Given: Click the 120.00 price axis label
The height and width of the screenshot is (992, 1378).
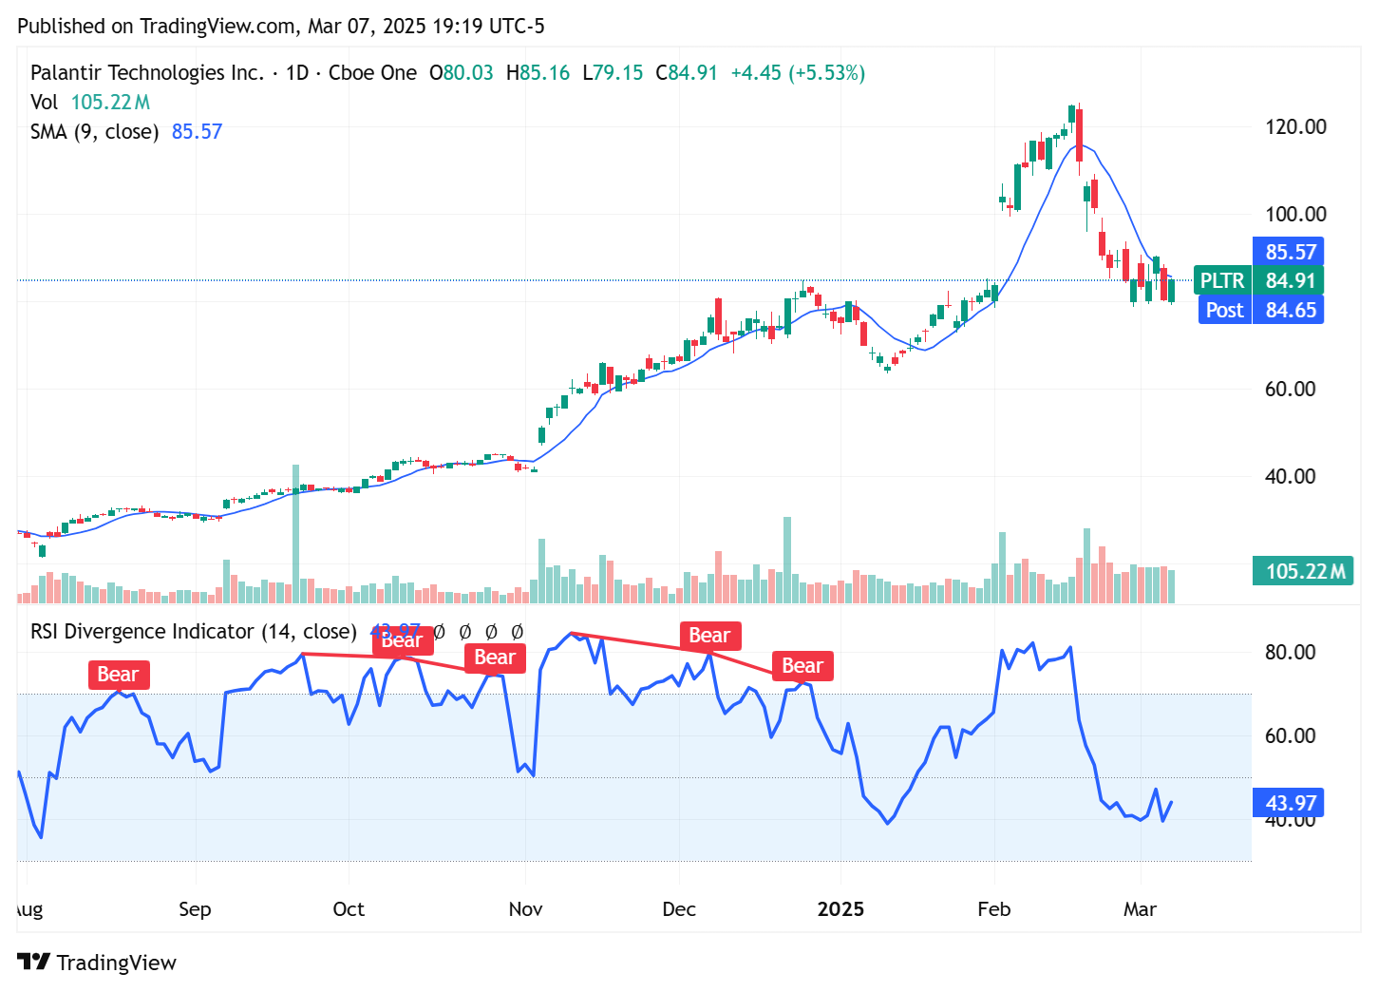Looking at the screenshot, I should pyautogui.click(x=1295, y=126).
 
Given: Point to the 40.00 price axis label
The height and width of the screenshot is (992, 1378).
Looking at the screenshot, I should pyautogui.click(x=1290, y=476).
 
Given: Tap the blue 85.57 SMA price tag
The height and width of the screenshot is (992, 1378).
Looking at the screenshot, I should pyautogui.click(x=1290, y=252).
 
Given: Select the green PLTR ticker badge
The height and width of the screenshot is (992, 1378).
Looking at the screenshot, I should pyautogui.click(x=1221, y=280).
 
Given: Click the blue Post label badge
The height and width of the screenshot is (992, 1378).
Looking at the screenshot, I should pyautogui.click(x=1223, y=310).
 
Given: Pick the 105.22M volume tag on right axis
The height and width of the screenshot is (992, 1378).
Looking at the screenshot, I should pyautogui.click(x=1304, y=571).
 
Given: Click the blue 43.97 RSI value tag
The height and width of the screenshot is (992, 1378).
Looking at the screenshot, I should pyautogui.click(x=1290, y=803).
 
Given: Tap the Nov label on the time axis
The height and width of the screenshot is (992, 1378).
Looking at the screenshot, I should pyautogui.click(x=525, y=909).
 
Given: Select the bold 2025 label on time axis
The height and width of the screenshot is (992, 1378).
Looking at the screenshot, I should pyautogui.click(x=840, y=909).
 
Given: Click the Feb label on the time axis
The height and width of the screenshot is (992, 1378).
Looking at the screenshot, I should pyautogui.click(x=993, y=909).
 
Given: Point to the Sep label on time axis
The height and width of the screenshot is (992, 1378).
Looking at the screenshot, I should pyautogui.click(x=195, y=909).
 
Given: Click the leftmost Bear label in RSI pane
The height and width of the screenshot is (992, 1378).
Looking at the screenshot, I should pyautogui.click(x=118, y=675).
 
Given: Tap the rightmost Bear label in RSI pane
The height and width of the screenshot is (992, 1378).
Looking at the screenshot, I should pyautogui.click(x=802, y=666).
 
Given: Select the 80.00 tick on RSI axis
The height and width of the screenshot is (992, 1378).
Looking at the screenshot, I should pyautogui.click(x=1290, y=652).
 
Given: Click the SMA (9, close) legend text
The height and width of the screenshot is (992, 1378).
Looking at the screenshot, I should pyautogui.click(x=94, y=131).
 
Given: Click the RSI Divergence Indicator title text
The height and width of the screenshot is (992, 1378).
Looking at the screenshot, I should pyautogui.click(x=193, y=631).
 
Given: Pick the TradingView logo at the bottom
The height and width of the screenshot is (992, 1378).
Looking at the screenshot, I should pyautogui.click(x=97, y=963).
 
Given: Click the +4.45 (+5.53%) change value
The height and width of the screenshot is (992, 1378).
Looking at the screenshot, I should pyautogui.click(x=797, y=73).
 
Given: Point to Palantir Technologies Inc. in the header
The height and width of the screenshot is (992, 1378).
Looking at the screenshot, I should pyautogui.click(x=147, y=73).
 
